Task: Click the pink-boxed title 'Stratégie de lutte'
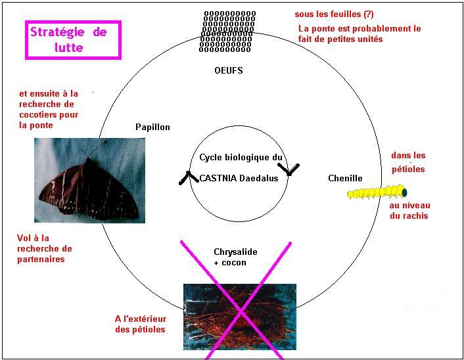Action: tap(73, 40)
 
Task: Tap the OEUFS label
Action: tap(228, 70)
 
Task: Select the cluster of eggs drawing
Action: tap(228, 31)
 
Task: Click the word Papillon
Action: tap(152, 127)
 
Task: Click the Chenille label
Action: tap(345, 178)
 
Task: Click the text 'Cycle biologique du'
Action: tap(241, 158)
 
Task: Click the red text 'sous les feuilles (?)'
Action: tap(334, 14)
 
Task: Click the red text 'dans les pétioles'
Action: tap(408, 162)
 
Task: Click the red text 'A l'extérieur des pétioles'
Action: tap(140, 324)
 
